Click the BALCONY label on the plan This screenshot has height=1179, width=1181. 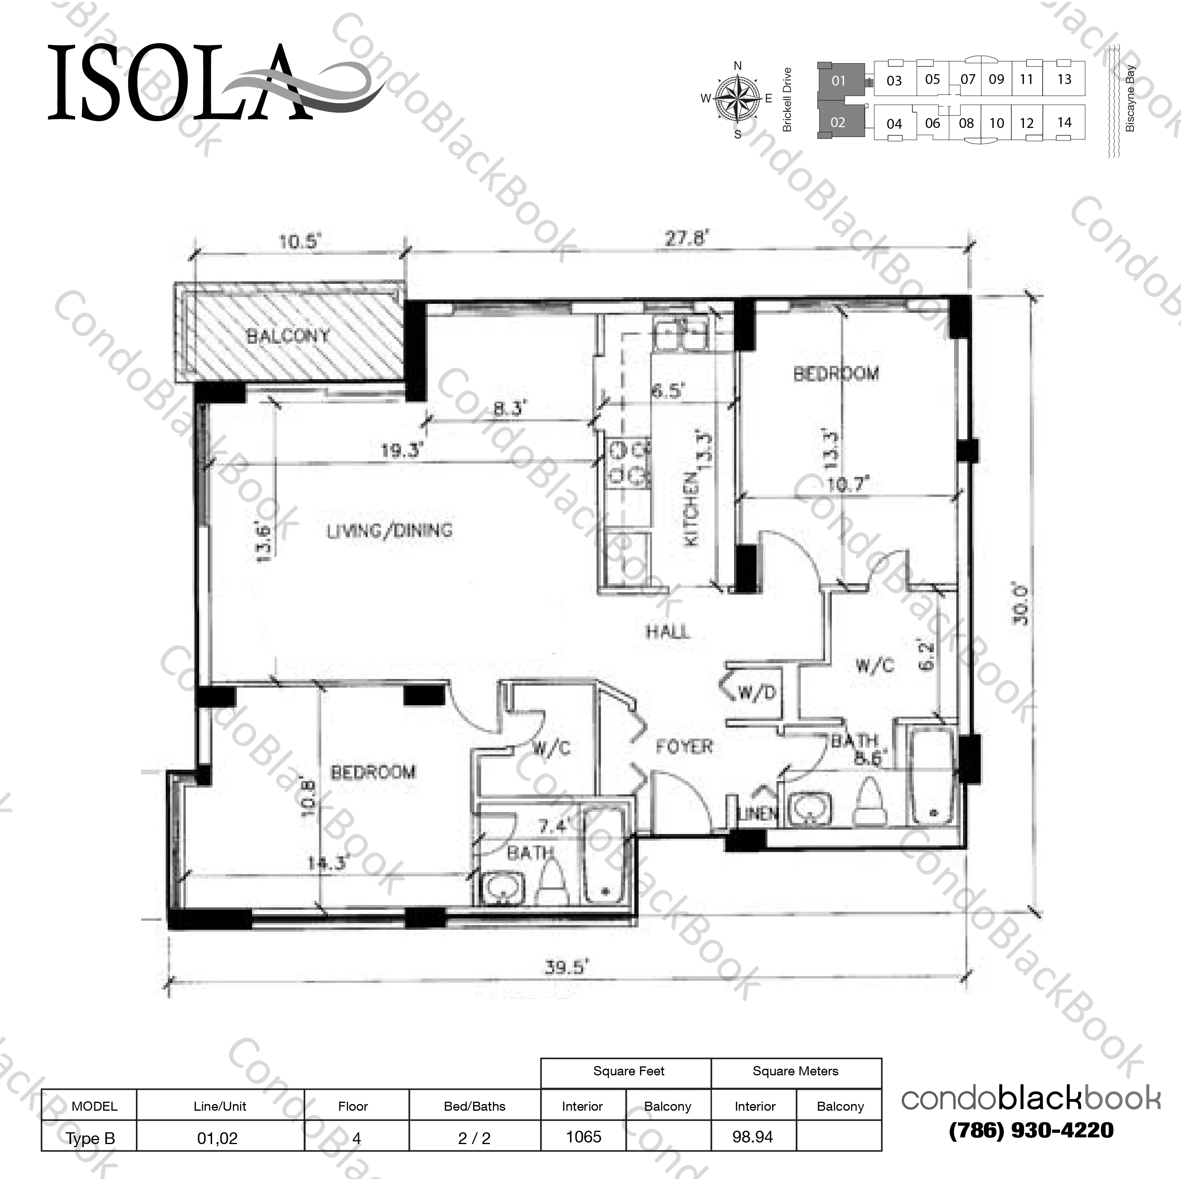coord(287,336)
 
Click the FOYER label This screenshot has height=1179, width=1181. coord(684,746)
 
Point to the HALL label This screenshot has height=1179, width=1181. coord(668,631)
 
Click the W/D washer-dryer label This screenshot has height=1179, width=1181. coord(757,692)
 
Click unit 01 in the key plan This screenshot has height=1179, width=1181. coord(838,80)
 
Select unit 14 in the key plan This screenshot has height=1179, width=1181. coord(1064,122)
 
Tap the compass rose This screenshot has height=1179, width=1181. coord(737,98)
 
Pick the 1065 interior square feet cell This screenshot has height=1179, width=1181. coord(583,1137)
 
